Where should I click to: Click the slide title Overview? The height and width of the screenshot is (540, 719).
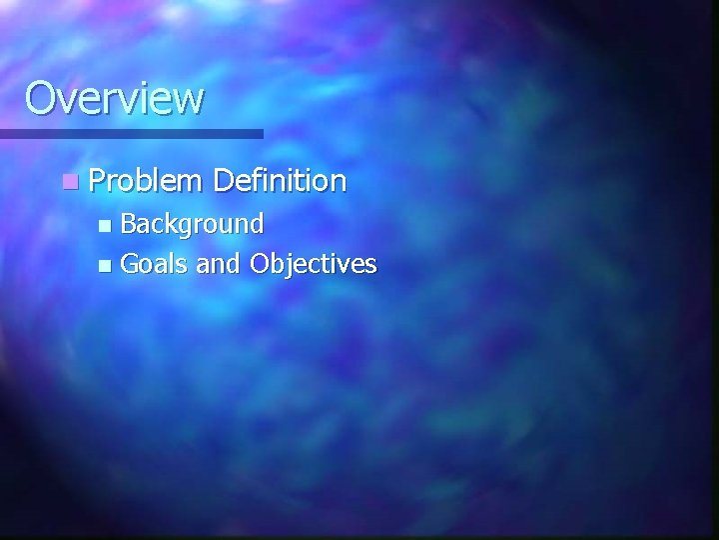(114, 98)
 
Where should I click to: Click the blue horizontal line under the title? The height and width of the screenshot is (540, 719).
(131, 133)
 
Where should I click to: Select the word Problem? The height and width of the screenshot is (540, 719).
(146, 181)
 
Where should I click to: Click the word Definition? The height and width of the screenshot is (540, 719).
(280, 181)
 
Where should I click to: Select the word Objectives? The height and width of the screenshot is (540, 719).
(314, 264)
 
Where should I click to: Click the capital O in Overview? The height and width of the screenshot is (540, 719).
(41, 98)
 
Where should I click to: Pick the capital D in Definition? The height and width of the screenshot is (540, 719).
(223, 181)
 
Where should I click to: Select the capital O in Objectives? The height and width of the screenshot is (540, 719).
(261, 263)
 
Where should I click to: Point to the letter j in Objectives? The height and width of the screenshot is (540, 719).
(293, 266)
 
